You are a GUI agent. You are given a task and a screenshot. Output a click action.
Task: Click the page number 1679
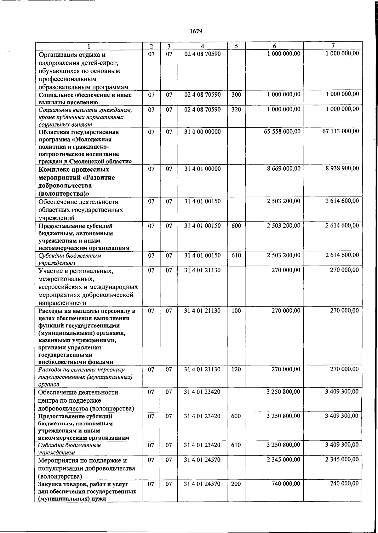click(x=196, y=31)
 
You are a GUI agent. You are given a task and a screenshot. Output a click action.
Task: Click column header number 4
click(x=202, y=46)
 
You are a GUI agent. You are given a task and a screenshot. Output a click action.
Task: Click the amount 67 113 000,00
click(x=341, y=131)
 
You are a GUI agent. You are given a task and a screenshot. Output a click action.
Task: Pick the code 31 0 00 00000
click(x=202, y=132)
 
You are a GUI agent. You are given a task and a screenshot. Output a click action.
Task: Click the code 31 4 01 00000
click(x=202, y=169)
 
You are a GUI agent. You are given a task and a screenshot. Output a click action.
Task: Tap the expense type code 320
click(x=236, y=109)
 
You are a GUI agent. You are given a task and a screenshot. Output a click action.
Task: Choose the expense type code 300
click(x=236, y=95)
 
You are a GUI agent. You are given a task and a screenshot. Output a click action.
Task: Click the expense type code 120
click(x=236, y=369)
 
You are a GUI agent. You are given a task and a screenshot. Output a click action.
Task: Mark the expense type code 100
click(x=236, y=311)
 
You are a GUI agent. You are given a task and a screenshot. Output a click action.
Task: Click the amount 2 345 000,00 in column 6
click(x=283, y=460)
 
